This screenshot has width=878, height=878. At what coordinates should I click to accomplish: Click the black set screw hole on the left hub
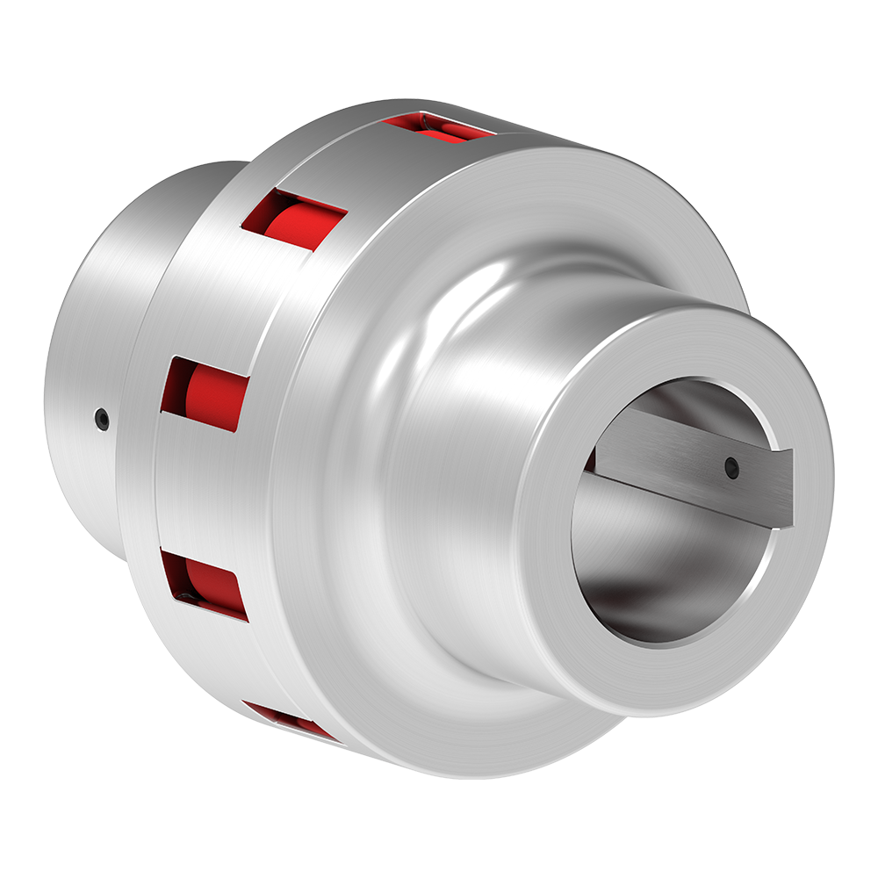tap(102, 419)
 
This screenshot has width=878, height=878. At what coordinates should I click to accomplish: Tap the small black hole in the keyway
tap(730, 467)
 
